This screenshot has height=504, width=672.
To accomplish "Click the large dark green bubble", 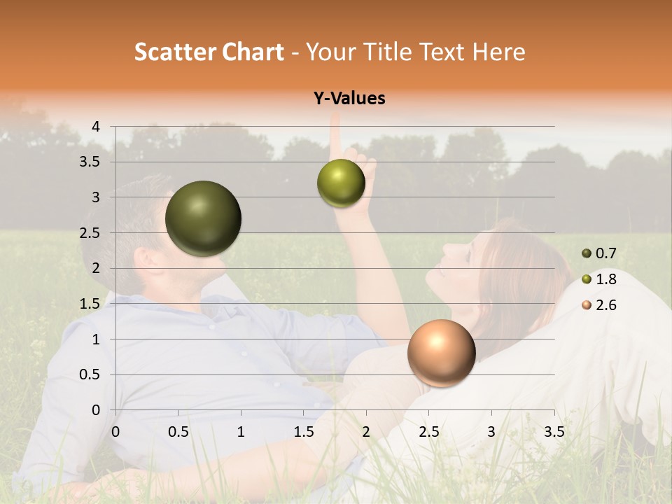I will [203, 218].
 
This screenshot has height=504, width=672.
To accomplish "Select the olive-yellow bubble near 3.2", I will [341, 183].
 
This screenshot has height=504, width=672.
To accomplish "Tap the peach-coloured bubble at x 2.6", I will [441, 353].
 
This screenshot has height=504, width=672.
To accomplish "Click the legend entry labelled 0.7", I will [599, 253].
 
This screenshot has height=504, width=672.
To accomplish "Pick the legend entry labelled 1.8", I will [599, 279].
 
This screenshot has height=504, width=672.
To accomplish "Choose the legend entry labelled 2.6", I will [599, 305].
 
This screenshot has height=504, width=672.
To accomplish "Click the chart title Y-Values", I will [349, 99].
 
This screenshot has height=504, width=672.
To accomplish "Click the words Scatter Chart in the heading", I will [209, 52].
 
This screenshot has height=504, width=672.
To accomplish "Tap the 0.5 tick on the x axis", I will [178, 432].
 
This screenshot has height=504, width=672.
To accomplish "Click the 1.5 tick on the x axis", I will [303, 432].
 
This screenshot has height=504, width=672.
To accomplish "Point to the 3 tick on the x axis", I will [491, 432].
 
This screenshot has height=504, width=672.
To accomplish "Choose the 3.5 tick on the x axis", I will [554, 432].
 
